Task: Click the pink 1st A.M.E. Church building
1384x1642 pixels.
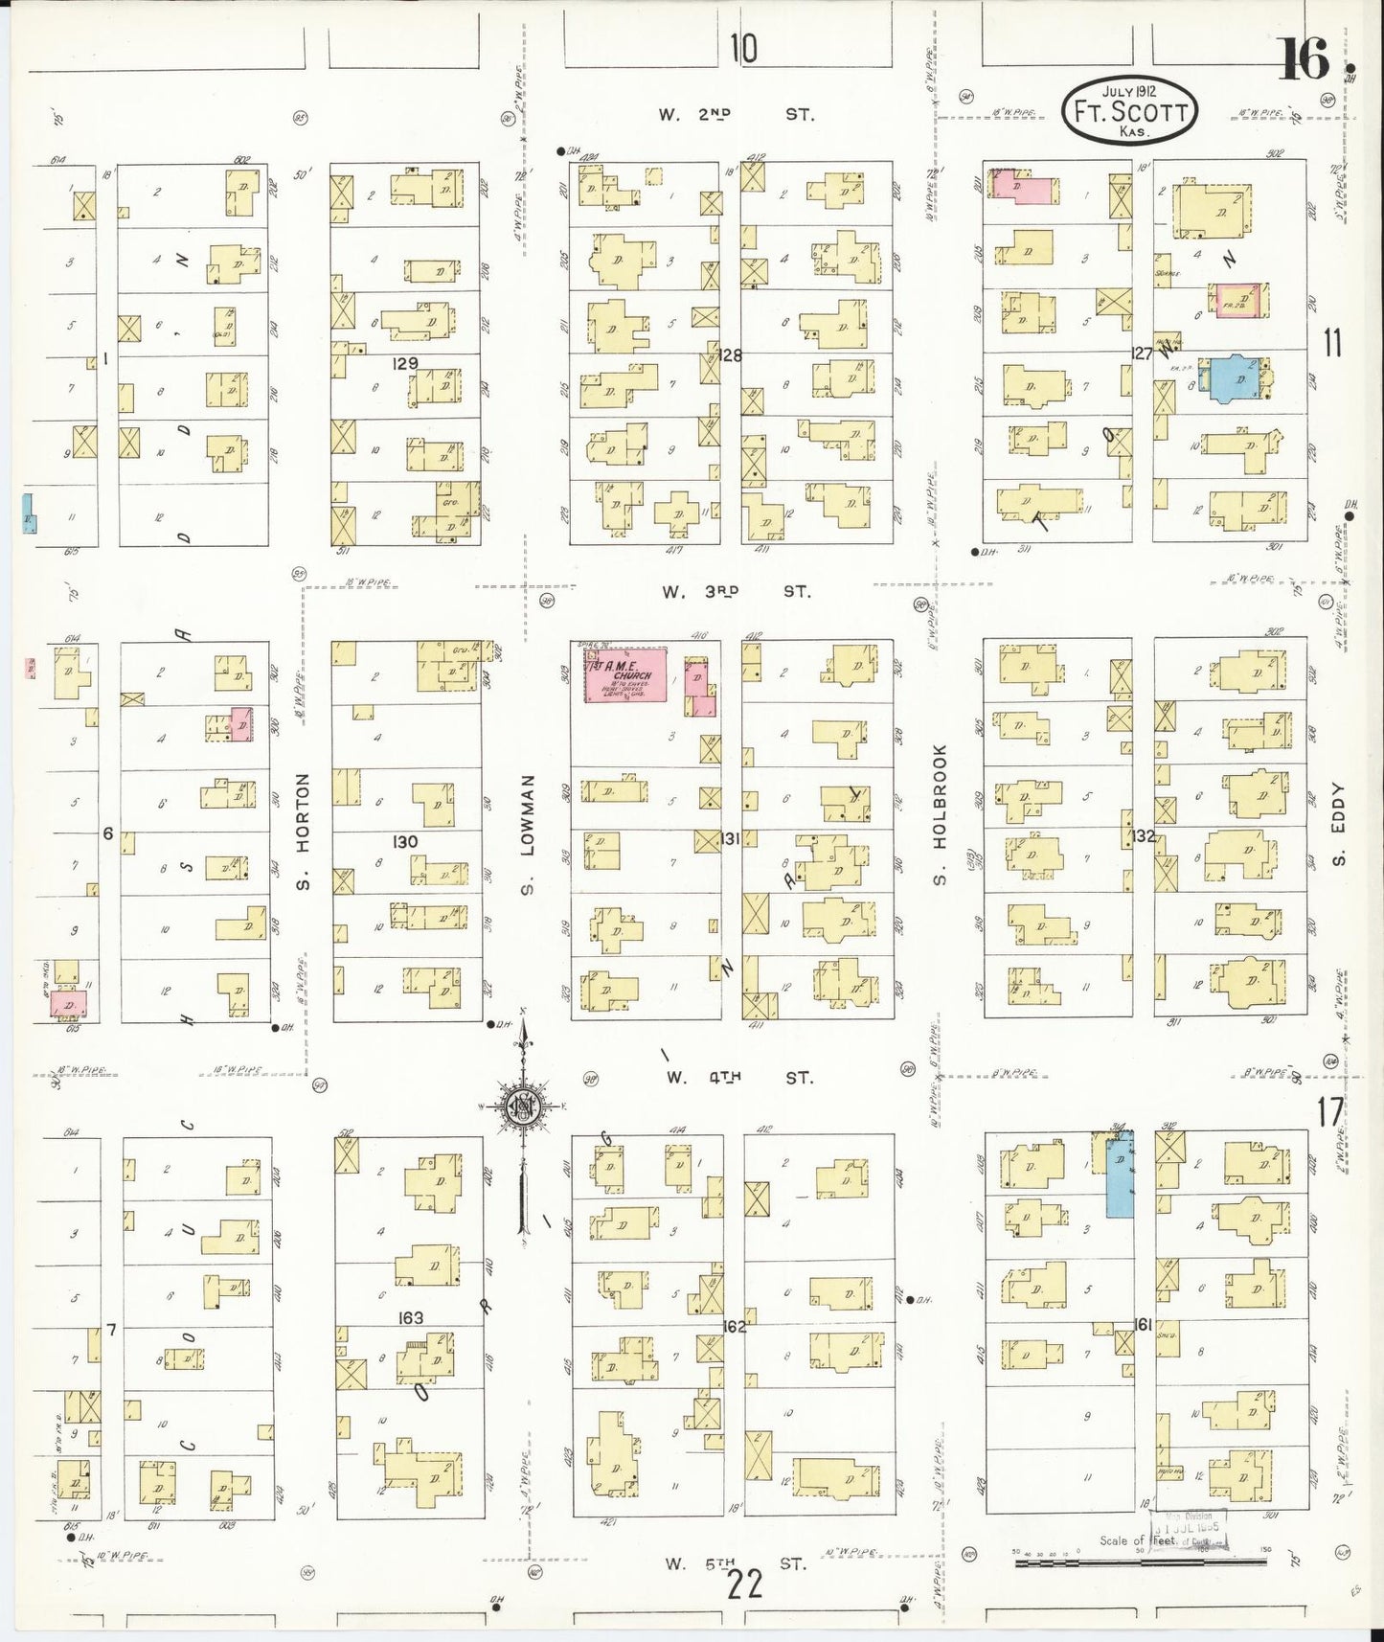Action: pos(626,674)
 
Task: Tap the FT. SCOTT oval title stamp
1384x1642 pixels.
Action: pos(1129,112)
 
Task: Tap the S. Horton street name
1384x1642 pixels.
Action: pos(304,832)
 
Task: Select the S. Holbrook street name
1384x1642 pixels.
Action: pos(940,815)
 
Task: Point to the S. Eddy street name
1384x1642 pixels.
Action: pos(1338,825)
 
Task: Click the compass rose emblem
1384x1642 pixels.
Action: pos(524,1106)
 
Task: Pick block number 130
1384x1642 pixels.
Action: pos(405,841)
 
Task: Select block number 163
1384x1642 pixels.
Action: pos(410,1318)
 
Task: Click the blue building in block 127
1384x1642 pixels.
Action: pos(1236,377)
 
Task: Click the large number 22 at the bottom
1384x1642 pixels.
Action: pos(744,1585)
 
